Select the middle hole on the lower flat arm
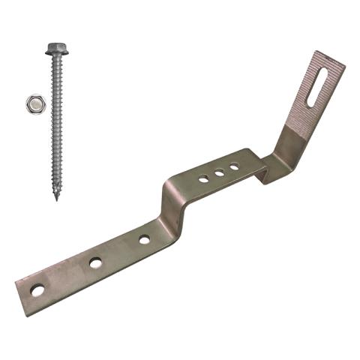pos(95,262)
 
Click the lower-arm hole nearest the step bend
pos(144,240)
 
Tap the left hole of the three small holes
pos(203,179)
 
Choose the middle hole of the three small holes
pos(219,172)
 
